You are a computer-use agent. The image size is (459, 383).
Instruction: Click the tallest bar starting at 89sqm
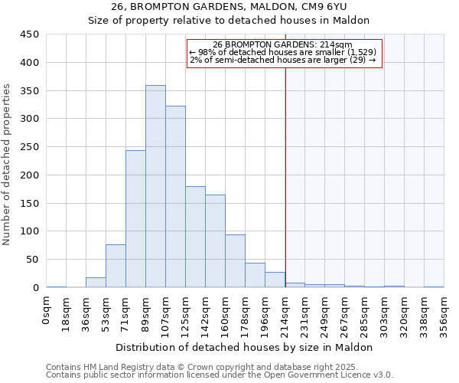(x=155, y=186)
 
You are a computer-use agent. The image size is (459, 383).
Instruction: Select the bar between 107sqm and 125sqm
(x=175, y=197)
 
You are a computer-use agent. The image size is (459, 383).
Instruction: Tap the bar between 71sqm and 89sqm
(x=135, y=219)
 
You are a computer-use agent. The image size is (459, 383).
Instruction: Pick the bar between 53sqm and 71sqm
(x=116, y=266)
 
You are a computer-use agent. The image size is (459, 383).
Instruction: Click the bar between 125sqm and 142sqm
(x=195, y=237)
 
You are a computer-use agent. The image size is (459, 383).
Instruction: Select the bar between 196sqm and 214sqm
(x=275, y=280)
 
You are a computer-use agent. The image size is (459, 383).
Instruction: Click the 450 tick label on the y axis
(x=30, y=34)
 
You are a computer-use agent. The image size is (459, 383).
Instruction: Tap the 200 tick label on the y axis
(x=30, y=175)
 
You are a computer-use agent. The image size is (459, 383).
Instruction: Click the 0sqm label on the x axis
(x=47, y=311)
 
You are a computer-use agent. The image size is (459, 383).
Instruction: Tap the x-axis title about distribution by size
(x=245, y=347)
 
